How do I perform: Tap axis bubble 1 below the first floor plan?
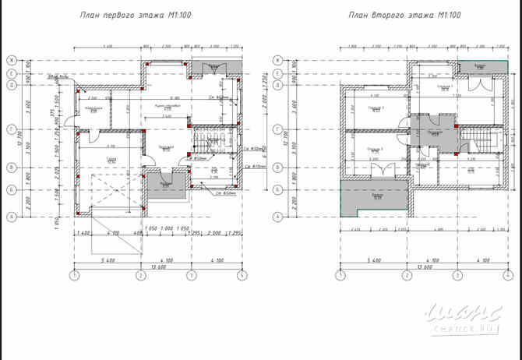[74, 275]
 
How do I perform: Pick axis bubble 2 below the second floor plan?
[407, 275]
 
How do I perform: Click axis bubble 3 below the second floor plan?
[458, 275]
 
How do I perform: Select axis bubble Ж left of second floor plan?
[274, 60]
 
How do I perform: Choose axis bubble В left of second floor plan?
[274, 167]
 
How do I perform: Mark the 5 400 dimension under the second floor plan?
[372, 259]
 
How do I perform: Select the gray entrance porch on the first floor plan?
[166, 184]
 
